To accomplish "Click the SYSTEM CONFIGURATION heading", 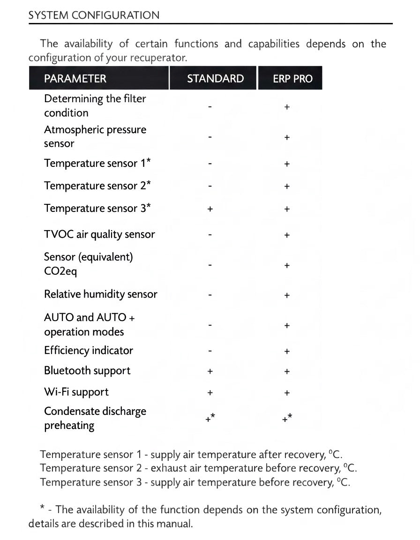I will [x=94, y=15].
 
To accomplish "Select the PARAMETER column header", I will [x=75, y=78].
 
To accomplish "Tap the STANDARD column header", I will [x=215, y=78].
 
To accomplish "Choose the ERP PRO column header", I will [x=292, y=78].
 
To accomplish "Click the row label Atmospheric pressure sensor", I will [x=95, y=136].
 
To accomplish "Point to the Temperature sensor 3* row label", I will [x=97, y=208].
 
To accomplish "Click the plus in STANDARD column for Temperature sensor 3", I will [x=210, y=209].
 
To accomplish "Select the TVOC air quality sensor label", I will [x=99, y=234].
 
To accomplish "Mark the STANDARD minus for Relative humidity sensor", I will [x=210, y=295].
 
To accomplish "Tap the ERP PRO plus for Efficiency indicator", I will [x=287, y=351].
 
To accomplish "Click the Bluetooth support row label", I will [x=87, y=371].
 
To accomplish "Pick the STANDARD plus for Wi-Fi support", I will [x=210, y=393].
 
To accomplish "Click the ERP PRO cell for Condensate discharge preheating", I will [x=287, y=419].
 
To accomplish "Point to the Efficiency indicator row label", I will [x=89, y=351].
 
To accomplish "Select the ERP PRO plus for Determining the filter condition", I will [x=287, y=107].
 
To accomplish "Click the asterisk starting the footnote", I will [x=43, y=508].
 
